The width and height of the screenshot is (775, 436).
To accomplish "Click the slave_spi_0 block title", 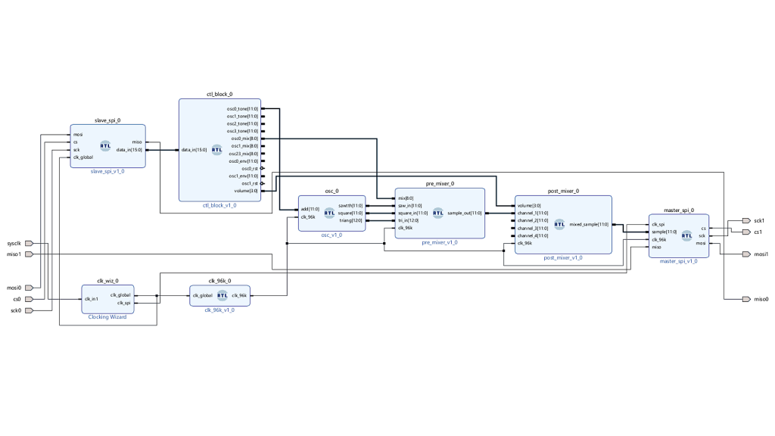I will [107, 120].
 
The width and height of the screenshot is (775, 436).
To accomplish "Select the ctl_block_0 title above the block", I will [219, 95].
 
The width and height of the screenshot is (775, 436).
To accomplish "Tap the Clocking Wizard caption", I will [107, 317].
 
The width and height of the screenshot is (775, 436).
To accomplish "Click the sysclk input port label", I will [14, 244].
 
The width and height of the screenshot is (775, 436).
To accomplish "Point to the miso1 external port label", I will [14, 254].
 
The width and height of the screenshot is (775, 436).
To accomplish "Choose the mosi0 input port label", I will [14, 288].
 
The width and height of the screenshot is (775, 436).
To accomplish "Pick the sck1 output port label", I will [758, 220].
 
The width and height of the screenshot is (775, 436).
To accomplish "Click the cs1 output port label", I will [757, 232].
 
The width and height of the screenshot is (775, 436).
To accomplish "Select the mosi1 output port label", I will [760, 254].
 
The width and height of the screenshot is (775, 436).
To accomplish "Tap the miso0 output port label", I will [760, 299].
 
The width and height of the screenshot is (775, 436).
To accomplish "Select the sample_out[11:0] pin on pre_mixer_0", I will [465, 213].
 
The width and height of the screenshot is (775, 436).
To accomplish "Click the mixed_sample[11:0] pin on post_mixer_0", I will [589, 224].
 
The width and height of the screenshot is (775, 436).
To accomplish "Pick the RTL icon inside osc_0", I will [328, 213].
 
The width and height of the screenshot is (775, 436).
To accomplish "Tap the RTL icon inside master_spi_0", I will [686, 235].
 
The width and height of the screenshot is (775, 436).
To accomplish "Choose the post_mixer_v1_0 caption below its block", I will [563, 258].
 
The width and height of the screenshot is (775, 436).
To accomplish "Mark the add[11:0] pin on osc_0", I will [310, 208].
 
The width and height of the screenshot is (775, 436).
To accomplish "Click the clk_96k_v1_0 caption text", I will [219, 310].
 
